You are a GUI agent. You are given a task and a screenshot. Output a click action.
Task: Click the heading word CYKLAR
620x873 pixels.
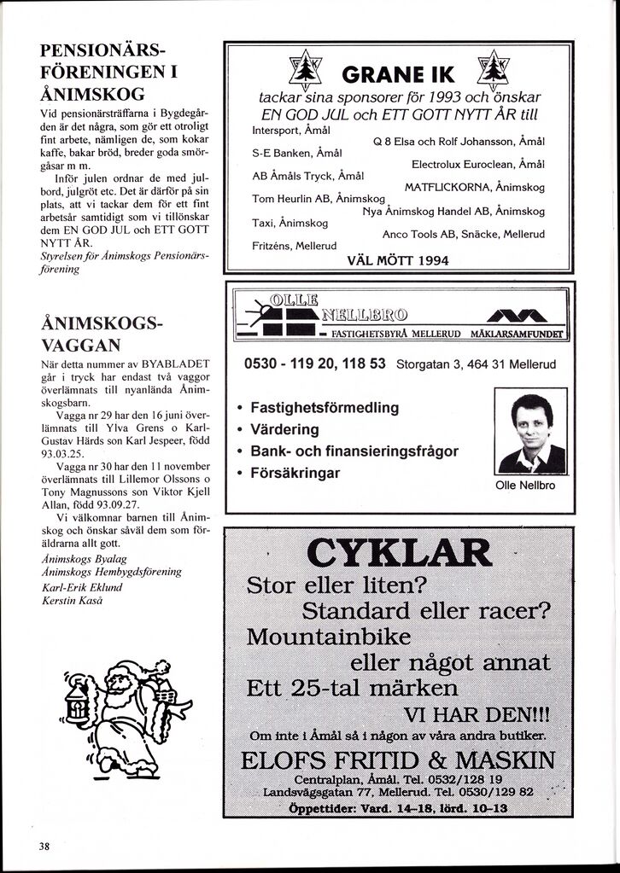(x=399, y=556)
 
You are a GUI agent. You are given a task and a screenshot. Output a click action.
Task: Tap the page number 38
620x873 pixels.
(x=44, y=846)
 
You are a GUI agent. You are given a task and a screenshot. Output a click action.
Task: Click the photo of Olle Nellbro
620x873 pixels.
(x=530, y=434)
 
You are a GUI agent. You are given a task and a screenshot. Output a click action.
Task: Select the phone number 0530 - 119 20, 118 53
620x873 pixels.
(x=315, y=364)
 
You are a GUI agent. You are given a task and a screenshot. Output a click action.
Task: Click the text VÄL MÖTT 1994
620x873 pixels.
(x=398, y=260)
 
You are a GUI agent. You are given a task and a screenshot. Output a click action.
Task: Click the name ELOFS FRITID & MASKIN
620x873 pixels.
(x=399, y=760)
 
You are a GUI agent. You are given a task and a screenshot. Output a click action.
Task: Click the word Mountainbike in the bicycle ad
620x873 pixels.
(x=328, y=638)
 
